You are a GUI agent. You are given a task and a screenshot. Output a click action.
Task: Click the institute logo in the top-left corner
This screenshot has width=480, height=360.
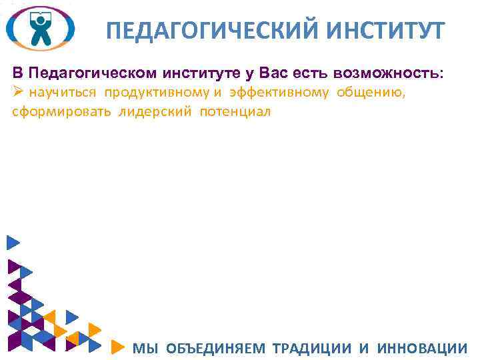pos(40,29)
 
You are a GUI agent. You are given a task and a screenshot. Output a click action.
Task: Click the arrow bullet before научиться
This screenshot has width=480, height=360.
pos(19,92)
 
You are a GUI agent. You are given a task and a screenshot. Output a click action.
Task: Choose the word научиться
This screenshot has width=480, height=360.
pos(65,93)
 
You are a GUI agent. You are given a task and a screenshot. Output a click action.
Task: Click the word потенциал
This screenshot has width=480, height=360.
pos(233,111)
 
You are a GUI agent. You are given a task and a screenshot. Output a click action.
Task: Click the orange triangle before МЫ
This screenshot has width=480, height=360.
pos(117,347)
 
